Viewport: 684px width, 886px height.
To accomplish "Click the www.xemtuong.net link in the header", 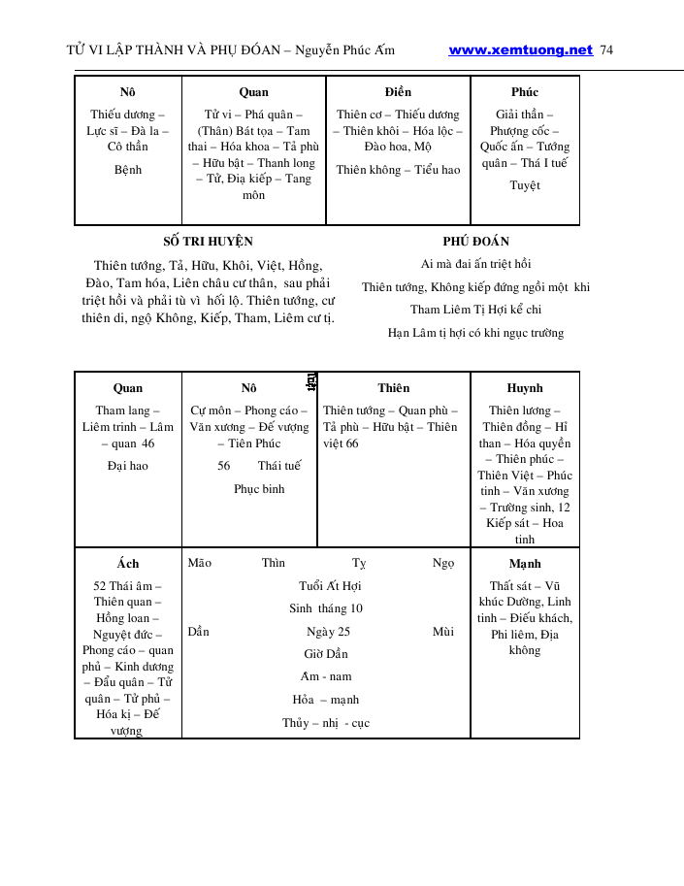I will (520, 50).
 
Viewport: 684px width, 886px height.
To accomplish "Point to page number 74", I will (607, 50).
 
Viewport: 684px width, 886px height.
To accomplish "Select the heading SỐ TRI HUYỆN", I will (208, 242).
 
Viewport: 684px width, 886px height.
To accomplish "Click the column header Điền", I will (398, 92).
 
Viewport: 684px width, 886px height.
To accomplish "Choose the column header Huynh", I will (525, 388).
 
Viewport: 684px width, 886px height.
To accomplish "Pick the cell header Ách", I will (128, 564).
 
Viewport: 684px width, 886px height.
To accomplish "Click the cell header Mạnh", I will (525, 564).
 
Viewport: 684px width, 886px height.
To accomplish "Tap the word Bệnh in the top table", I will (128, 170).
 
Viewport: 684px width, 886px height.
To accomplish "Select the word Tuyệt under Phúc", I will (525, 185).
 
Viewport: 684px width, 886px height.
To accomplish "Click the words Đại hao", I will (128, 466).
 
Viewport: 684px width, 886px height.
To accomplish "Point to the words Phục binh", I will (259, 489).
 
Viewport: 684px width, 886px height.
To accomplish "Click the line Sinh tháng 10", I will (326, 608).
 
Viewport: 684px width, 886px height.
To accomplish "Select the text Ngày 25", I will (328, 632).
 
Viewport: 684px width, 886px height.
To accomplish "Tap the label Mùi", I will (443, 632).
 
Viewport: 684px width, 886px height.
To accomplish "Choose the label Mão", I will (200, 563).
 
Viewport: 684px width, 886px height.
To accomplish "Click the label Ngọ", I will (443, 563).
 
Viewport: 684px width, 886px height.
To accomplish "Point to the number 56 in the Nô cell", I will (224, 466).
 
